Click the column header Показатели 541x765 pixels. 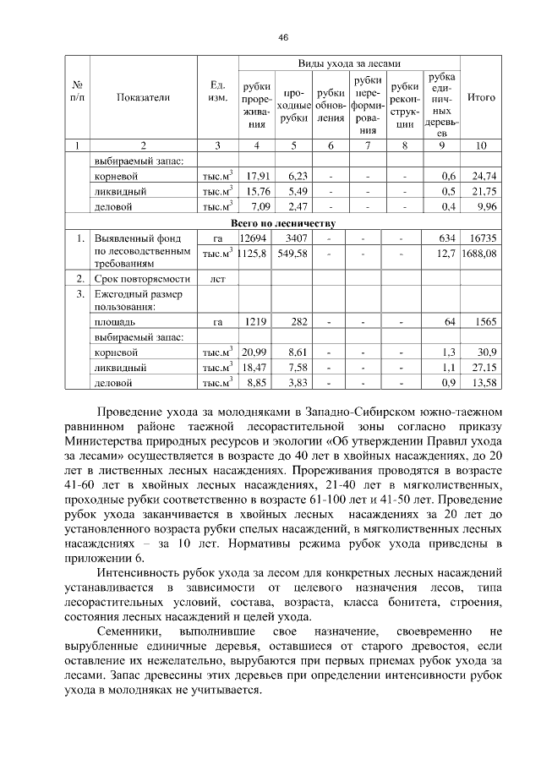click(x=144, y=97)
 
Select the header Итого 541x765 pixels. click(x=481, y=97)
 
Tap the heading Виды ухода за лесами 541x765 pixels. click(x=348, y=64)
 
